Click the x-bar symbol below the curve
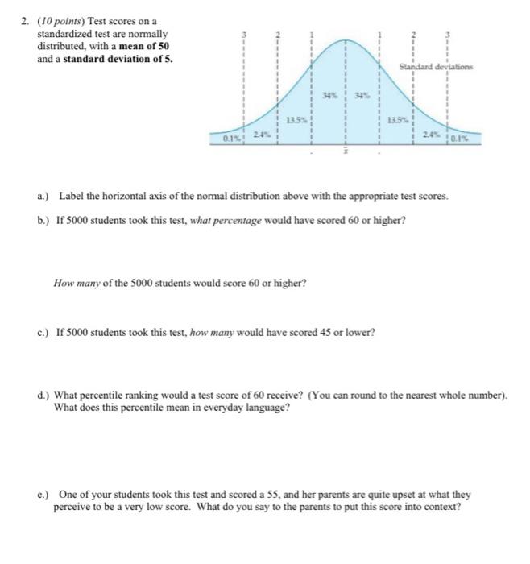coord(345,152)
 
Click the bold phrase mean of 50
coord(144,47)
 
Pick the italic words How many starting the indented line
coord(74,283)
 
